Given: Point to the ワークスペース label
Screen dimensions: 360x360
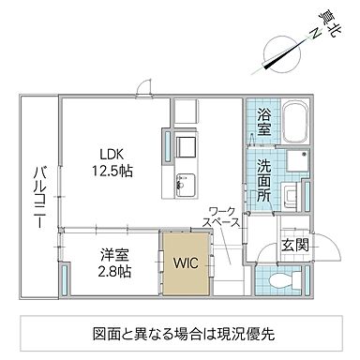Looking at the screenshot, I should (223, 217).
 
